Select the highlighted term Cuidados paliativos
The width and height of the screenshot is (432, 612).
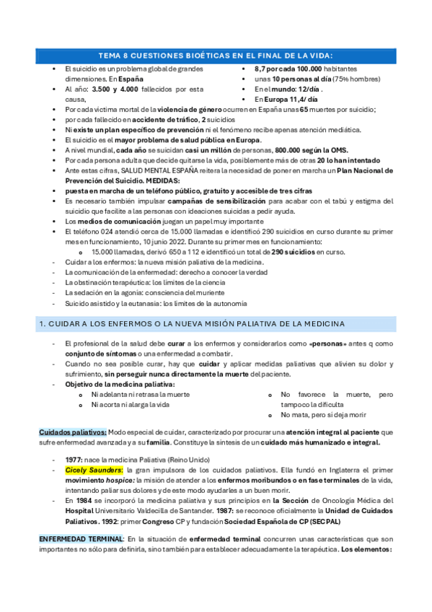[67, 432]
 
